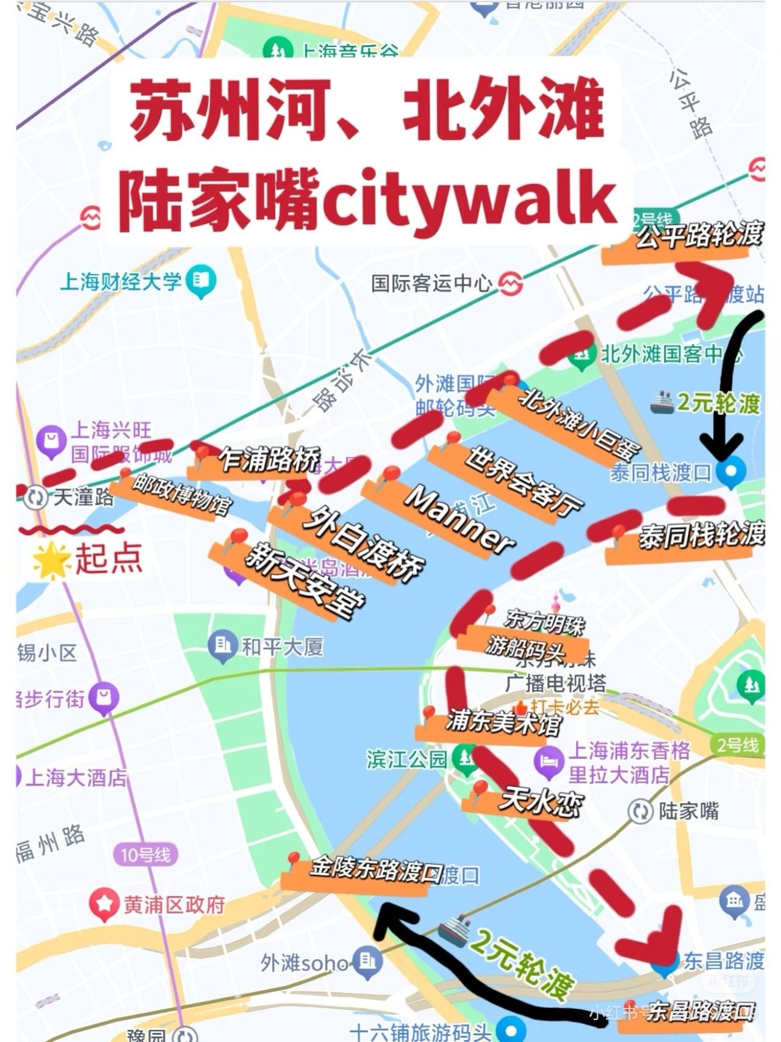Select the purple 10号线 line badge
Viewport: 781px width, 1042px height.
145,854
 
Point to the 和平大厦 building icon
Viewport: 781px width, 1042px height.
223,646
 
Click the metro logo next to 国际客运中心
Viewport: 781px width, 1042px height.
511,282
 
